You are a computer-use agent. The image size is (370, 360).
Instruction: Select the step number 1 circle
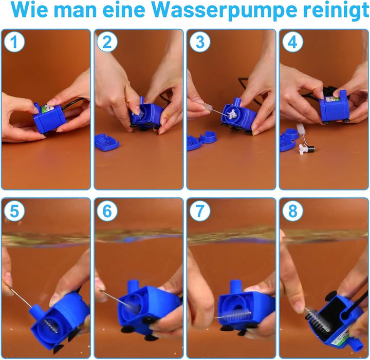tap(14, 42)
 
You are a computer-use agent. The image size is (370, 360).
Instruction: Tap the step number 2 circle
tap(107, 42)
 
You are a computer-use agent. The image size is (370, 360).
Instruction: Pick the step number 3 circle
tap(200, 42)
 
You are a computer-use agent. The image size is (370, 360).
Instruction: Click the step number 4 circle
tap(292, 42)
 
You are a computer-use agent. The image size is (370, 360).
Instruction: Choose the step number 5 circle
tap(14, 211)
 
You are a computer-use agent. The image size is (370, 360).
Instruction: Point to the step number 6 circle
tap(107, 211)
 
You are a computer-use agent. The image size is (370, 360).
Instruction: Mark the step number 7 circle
tap(200, 211)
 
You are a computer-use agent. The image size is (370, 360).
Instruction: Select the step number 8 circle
tap(292, 211)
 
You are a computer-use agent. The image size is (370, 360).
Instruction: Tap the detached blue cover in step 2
tap(107, 142)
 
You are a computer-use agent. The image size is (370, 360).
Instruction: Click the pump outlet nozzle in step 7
tap(235, 286)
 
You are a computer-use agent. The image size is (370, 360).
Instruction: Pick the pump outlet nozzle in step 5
tap(38, 311)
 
